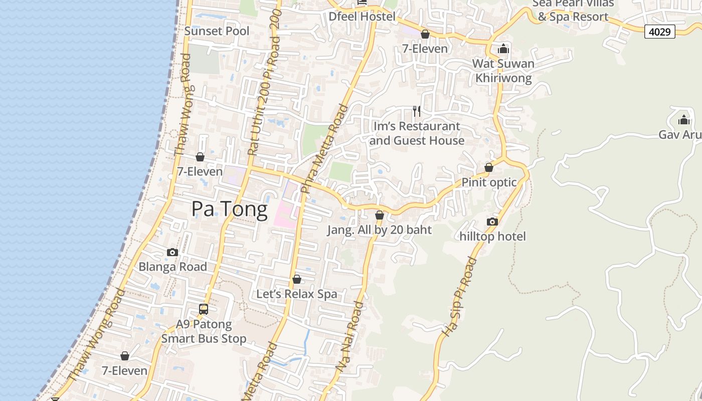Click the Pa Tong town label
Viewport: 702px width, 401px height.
pos(230,209)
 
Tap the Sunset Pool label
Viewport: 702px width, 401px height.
pos(217,31)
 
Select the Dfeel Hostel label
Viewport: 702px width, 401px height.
pos(362,17)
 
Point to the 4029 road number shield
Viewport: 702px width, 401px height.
pos(660,32)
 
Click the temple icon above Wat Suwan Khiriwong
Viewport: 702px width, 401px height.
pos(503,49)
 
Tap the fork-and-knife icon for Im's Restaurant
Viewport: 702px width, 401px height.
pos(417,111)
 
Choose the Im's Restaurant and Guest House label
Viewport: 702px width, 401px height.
pos(417,133)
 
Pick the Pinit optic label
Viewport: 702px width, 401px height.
pos(489,182)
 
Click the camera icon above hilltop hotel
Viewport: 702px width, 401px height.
pos(492,222)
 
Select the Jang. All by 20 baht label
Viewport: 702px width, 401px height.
pos(380,230)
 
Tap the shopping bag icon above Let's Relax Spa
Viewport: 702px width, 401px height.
pos(297,279)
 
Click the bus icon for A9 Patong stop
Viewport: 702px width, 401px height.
pos(204,309)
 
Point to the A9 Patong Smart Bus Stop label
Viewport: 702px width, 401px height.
pos(204,331)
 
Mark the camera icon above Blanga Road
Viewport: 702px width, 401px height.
pos(172,252)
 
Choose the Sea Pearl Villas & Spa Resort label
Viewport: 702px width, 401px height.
pos(573,10)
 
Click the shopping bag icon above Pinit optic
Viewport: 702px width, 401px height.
pos(489,167)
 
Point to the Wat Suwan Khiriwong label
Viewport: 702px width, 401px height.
pos(503,71)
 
